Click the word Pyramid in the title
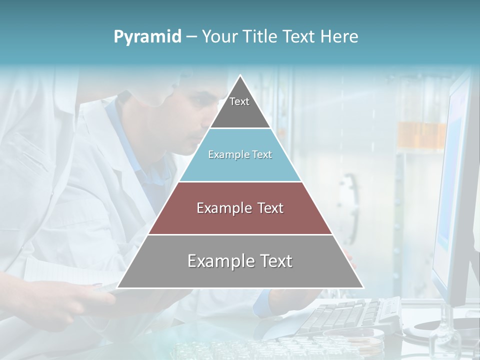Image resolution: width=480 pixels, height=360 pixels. point(147,37)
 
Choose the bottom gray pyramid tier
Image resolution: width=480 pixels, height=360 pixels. point(240,275)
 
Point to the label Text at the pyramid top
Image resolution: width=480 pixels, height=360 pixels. point(239,101)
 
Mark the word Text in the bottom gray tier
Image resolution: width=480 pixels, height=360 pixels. point(274,261)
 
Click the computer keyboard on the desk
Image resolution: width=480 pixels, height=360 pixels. point(345,315)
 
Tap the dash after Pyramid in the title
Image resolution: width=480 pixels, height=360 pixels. point(191,37)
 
